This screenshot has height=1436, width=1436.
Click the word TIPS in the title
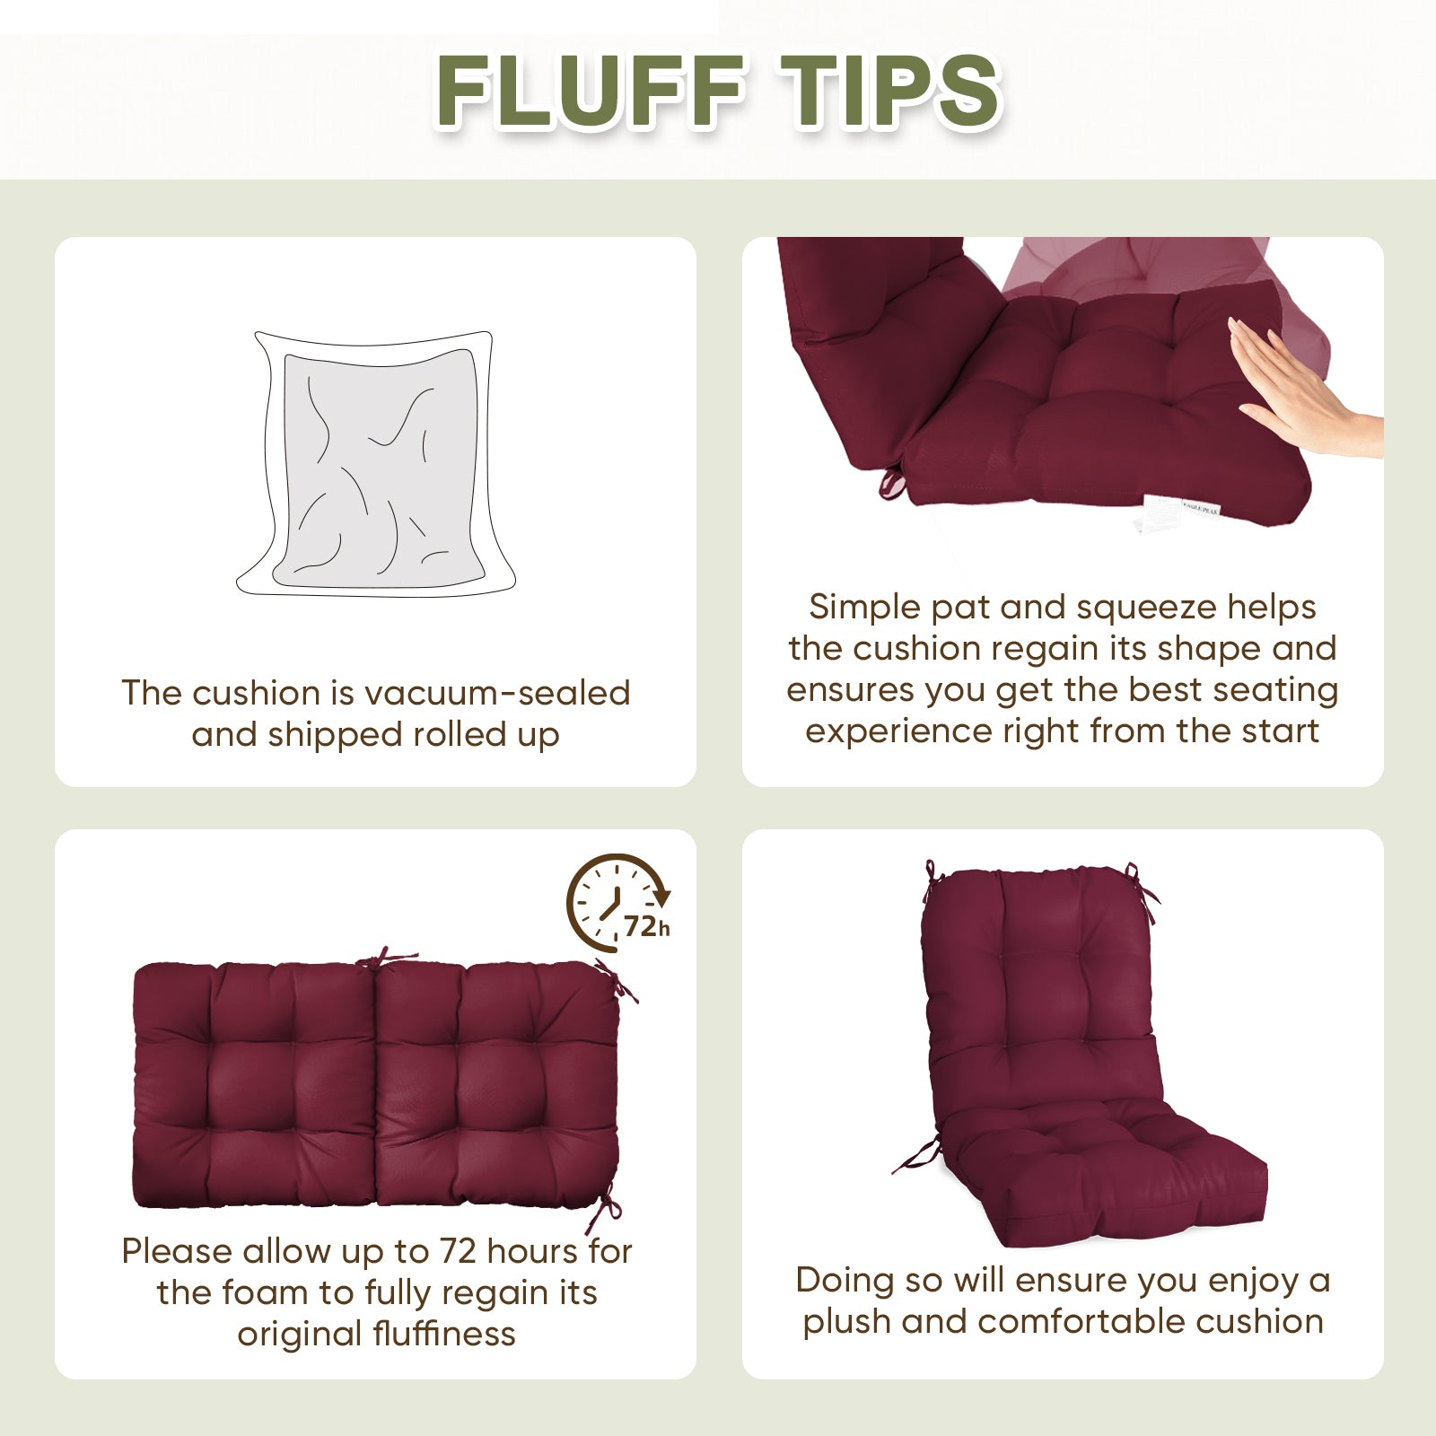(x=889, y=92)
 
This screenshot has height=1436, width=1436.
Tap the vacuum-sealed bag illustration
(x=376, y=465)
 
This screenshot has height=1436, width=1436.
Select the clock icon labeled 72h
(x=618, y=903)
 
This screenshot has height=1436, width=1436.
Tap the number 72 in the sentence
(x=458, y=1251)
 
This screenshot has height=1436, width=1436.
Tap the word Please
(x=176, y=1251)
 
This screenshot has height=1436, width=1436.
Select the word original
(x=286, y=1335)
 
